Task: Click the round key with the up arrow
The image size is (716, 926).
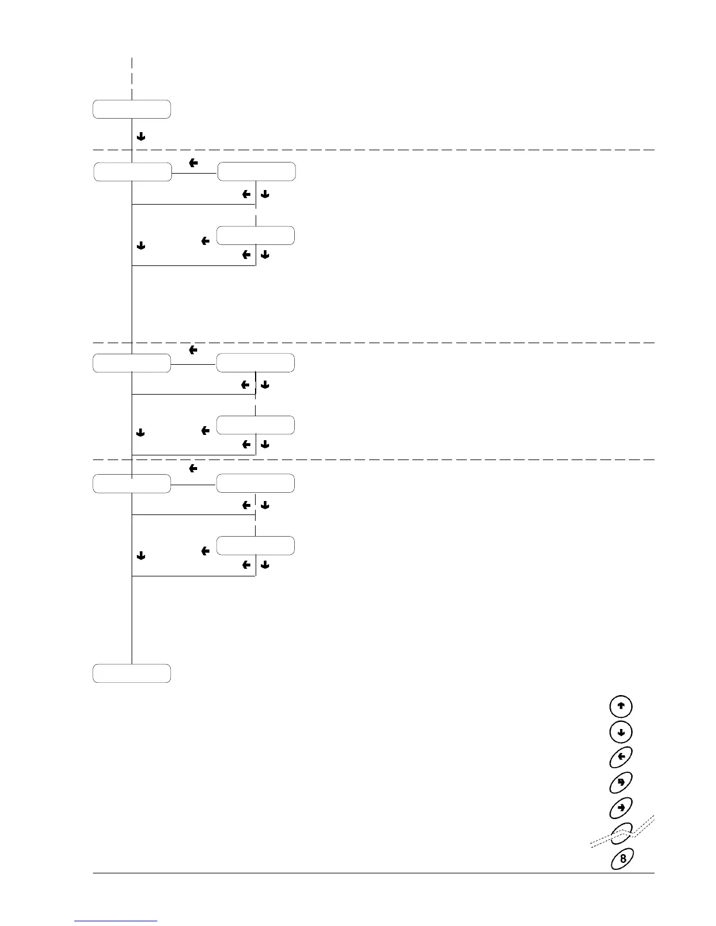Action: (621, 706)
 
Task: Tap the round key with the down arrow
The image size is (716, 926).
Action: (621, 732)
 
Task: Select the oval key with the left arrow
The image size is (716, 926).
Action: (621, 757)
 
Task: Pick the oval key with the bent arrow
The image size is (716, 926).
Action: (621, 782)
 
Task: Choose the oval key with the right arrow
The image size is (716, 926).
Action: (621, 808)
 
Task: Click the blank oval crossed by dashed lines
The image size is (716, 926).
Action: (621, 832)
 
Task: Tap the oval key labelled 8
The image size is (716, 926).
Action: (622, 859)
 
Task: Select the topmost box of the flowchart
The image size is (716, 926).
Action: (132, 109)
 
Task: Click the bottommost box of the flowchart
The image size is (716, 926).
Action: (132, 673)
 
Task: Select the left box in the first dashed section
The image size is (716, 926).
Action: (133, 172)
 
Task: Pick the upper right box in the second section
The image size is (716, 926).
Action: (255, 363)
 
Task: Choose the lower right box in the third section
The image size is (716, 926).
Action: (255, 545)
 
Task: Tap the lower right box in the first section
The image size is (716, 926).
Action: (255, 236)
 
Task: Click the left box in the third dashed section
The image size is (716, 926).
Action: (132, 484)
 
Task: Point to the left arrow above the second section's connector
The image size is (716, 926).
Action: (192, 350)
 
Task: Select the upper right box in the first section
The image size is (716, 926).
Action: (256, 172)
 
